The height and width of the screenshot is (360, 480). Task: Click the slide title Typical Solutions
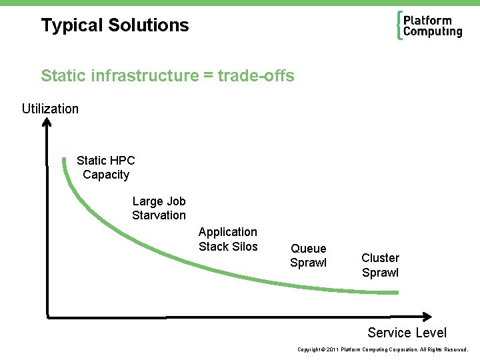pyautogui.click(x=115, y=25)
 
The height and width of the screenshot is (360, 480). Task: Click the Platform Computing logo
pyautogui.click(x=429, y=26)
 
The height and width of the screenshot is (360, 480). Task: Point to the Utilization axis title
pyautogui.click(x=50, y=109)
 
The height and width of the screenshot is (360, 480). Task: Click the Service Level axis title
pyautogui.click(x=407, y=333)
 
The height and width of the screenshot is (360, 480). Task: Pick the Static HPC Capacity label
pyautogui.click(x=105, y=167)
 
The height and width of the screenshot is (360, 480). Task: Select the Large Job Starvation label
pyautogui.click(x=159, y=208)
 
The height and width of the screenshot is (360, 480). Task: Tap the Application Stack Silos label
pyautogui.click(x=228, y=239)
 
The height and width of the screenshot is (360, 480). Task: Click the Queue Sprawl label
pyautogui.click(x=309, y=255)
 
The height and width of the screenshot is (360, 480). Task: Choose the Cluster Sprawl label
pyautogui.click(x=380, y=265)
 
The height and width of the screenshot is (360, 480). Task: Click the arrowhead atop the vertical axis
pyautogui.click(x=47, y=122)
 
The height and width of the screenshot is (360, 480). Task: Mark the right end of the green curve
pyautogui.click(x=397, y=292)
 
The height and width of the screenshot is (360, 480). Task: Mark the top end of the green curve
pyautogui.click(x=63, y=159)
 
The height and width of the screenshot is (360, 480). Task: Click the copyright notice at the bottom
pyautogui.click(x=383, y=349)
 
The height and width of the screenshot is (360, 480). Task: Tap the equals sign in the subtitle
pyautogui.click(x=207, y=76)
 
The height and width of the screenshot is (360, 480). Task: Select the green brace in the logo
pyautogui.click(x=399, y=26)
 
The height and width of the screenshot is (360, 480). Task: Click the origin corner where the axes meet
pyautogui.click(x=47, y=314)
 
